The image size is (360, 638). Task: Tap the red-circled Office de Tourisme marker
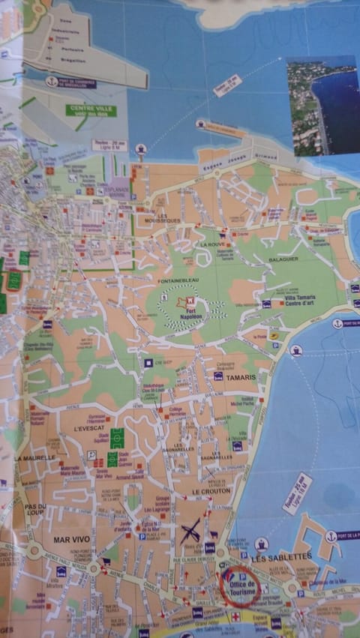click(x=240, y=586)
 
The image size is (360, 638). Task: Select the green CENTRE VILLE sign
click(x=91, y=110)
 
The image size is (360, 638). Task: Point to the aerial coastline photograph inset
click(x=322, y=105)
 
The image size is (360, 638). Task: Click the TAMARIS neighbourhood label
click(x=241, y=377)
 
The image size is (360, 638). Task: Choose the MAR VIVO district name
click(x=71, y=539)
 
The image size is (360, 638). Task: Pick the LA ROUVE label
click(x=212, y=244)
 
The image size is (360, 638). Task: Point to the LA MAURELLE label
click(x=35, y=457)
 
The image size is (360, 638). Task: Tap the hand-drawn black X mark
click(x=190, y=532)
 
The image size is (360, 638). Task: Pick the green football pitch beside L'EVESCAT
click(x=117, y=438)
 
